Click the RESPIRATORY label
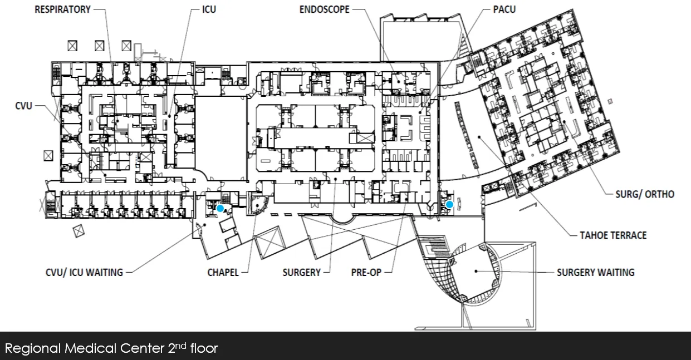[x=62, y=9]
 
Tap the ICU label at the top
[x=209, y=9]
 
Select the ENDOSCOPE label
[x=325, y=9]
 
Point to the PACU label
[x=504, y=9]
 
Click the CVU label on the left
[x=24, y=106]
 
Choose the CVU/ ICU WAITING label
[x=84, y=273]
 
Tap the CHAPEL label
[x=223, y=273]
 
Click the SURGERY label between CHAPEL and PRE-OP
[x=302, y=273]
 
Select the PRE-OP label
[x=366, y=273]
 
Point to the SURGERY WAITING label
[x=596, y=273]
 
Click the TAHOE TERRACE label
[x=613, y=235]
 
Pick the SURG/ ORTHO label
[x=645, y=194]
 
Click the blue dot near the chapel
[x=220, y=208]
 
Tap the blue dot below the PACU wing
[x=449, y=204]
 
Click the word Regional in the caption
[x=33, y=349]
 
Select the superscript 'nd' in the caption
[x=181, y=346]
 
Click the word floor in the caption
[x=204, y=348]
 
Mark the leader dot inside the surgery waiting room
[x=476, y=271]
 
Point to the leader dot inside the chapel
[x=257, y=205]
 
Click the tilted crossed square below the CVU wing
[x=79, y=230]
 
